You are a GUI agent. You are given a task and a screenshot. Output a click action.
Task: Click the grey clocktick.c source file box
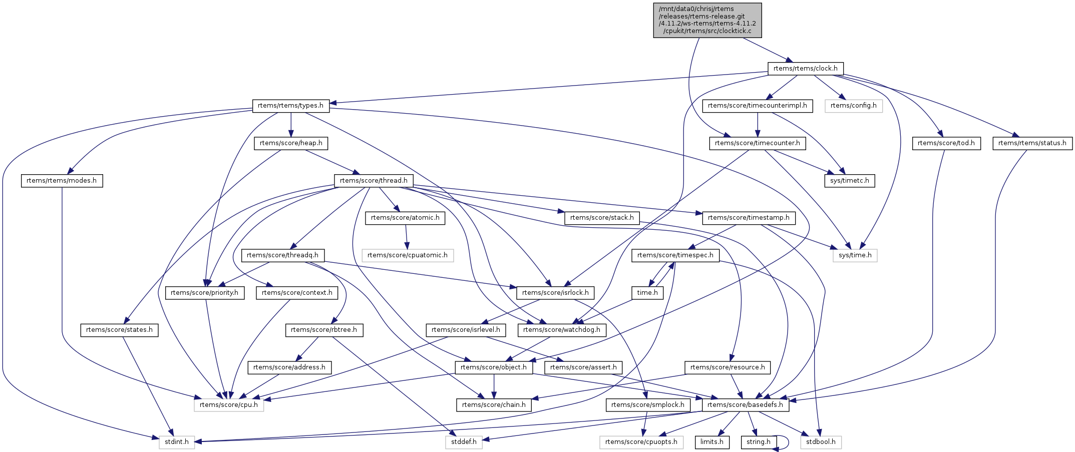[x=707, y=20]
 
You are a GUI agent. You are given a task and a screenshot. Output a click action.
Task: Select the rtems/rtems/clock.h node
[x=805, y=69]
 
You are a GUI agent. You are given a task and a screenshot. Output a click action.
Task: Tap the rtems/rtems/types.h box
[x=290, y=106]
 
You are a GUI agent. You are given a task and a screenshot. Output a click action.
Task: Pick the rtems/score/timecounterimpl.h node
[x=757, y=106]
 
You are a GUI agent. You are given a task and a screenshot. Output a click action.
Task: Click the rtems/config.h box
[x=853, y=106]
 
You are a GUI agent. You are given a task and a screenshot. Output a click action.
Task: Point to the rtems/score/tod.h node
[x=943, y=143]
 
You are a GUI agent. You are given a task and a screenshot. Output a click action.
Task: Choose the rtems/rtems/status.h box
[x=1032, y=143]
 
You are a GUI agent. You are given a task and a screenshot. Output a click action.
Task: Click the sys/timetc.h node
[x=849, y=181]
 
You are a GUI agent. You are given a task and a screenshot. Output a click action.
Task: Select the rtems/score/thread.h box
[x=374, y=181]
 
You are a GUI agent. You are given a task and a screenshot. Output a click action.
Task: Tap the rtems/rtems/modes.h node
[x=62, y=181]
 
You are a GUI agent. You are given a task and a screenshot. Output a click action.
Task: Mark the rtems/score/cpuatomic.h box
[x=408, y=255]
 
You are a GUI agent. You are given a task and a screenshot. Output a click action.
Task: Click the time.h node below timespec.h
[x=647, y=293]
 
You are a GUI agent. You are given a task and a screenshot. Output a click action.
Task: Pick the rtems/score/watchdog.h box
[x=562, y=330]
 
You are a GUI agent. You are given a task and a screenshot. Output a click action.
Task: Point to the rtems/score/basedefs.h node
[x=745, y=405]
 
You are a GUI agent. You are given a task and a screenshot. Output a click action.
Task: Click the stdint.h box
[x=177, y=442]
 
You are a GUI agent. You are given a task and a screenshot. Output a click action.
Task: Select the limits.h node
[x=711, y=442]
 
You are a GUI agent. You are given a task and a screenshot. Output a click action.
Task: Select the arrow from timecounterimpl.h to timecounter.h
[x=758, y=124]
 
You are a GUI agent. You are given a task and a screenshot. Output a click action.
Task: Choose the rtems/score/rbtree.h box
[x=324, y=330]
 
